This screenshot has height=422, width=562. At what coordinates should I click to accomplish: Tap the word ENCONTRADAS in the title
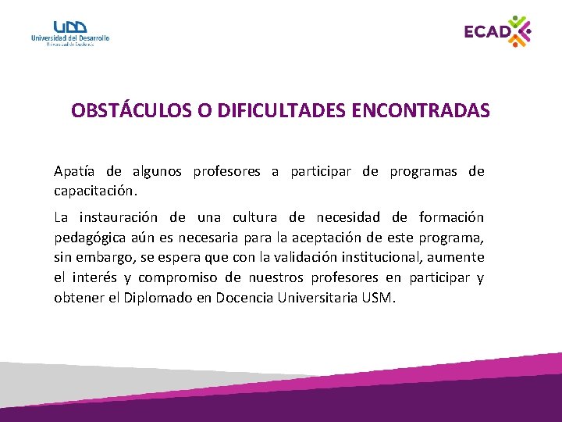point(421,111)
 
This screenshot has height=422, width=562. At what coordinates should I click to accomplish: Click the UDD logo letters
point(70,27)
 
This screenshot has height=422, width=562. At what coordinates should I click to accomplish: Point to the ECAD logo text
point(486,32)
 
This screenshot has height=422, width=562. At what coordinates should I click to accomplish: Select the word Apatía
point(75,171)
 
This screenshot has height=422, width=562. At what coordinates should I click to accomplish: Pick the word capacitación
point(94,190)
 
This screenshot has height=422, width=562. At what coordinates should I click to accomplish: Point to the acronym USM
point(380,298)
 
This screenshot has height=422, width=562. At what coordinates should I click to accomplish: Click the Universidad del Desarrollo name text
point(70,38)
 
